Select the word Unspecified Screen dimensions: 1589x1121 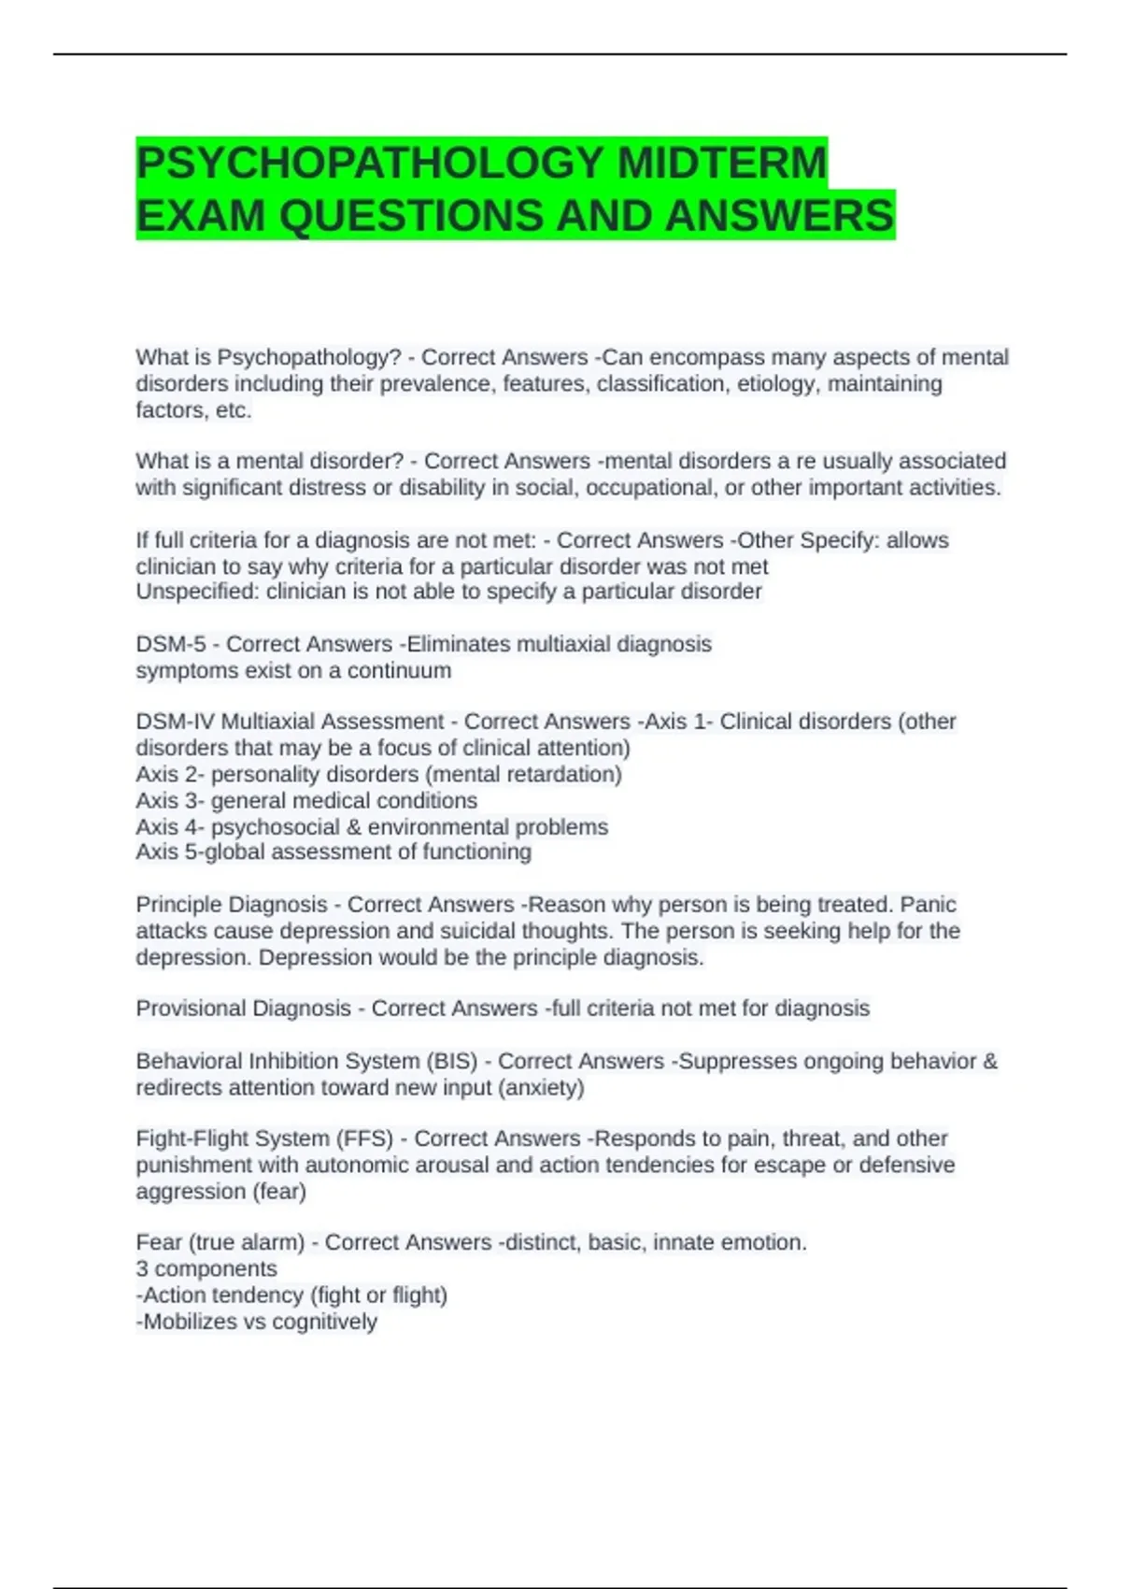[197, 592]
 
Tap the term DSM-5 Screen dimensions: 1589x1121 [171, 644]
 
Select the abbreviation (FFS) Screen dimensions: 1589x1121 [369, 1138]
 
